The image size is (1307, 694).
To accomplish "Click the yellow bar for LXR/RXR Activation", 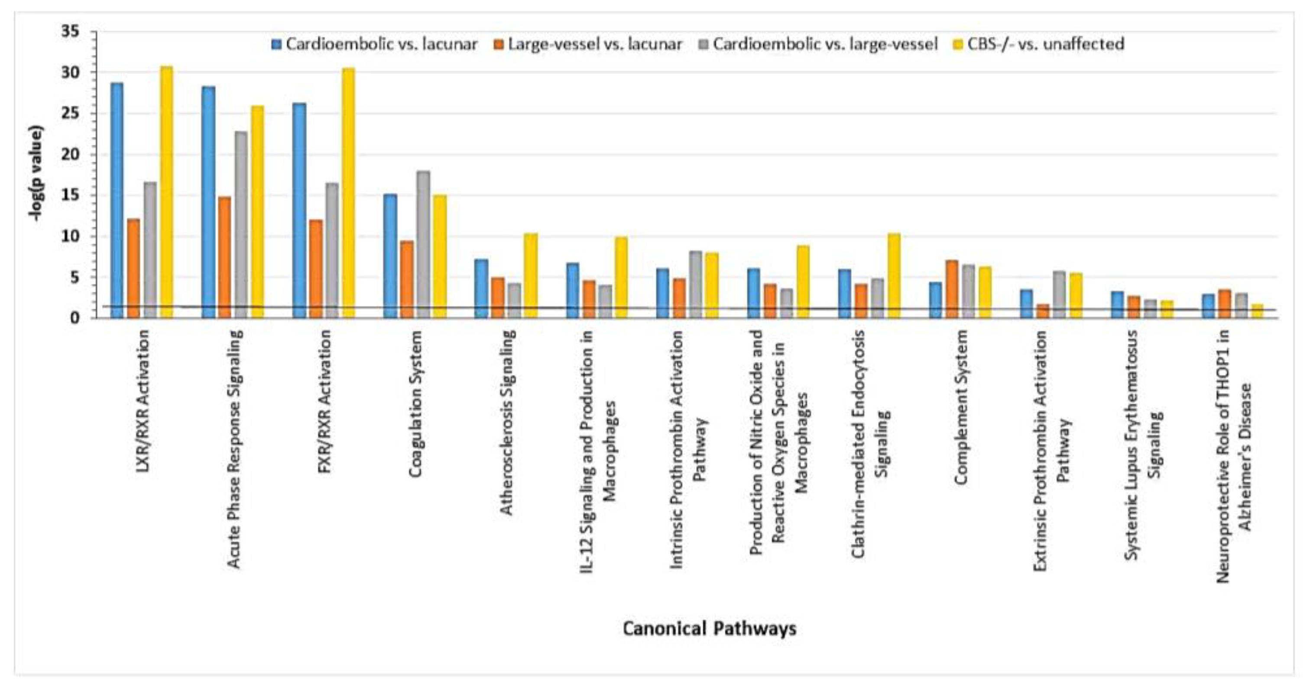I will (x=166, y=193).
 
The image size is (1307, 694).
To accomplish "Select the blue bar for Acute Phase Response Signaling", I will (x=208, y=203).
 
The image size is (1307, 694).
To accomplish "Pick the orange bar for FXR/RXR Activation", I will (x=315, y=269).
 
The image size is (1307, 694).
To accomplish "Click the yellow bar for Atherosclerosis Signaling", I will (x=531, y=276).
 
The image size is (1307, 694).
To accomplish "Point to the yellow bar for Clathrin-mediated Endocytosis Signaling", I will (x=894, y=276).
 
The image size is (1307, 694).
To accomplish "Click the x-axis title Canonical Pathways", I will (x=709, y=629).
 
